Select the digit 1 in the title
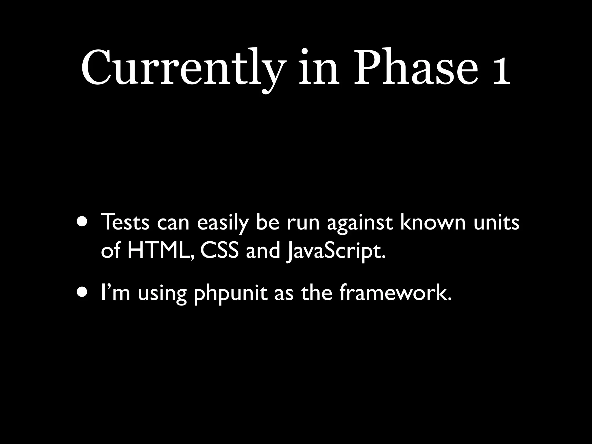[499, 71]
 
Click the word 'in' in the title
[318, 69]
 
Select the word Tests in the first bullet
[125, 223]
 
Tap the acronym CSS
[219, 251]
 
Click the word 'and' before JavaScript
[263, 251]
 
